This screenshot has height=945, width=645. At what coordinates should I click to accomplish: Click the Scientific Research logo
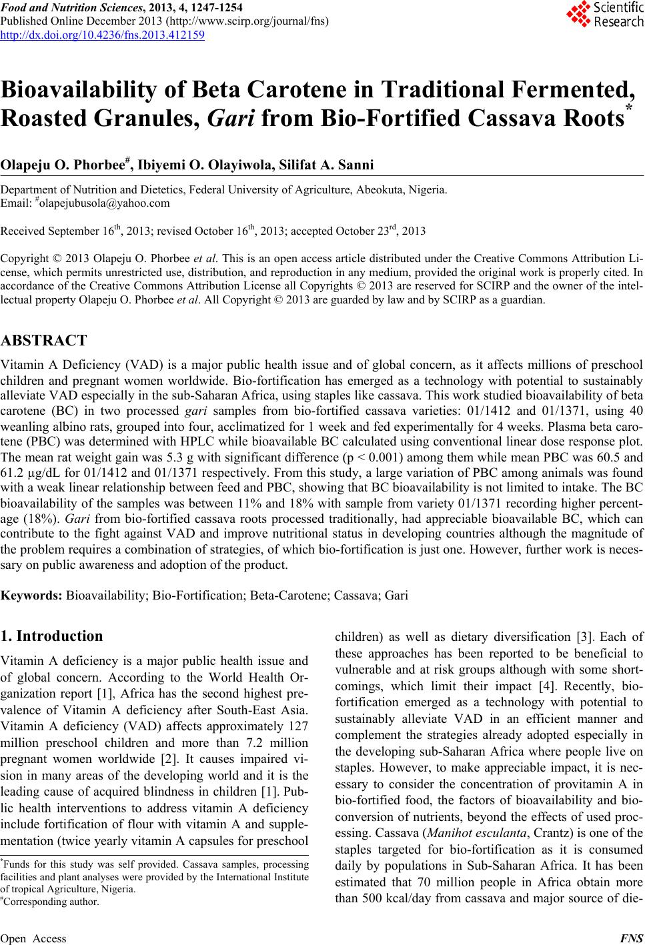click(x=604, y=15)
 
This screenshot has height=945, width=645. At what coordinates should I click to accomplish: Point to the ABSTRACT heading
click(x=44, y=341)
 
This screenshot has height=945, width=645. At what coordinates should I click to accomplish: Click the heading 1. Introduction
click(x=52, y=636)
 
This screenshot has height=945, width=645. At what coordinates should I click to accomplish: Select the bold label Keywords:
click(x=33, y=595)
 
